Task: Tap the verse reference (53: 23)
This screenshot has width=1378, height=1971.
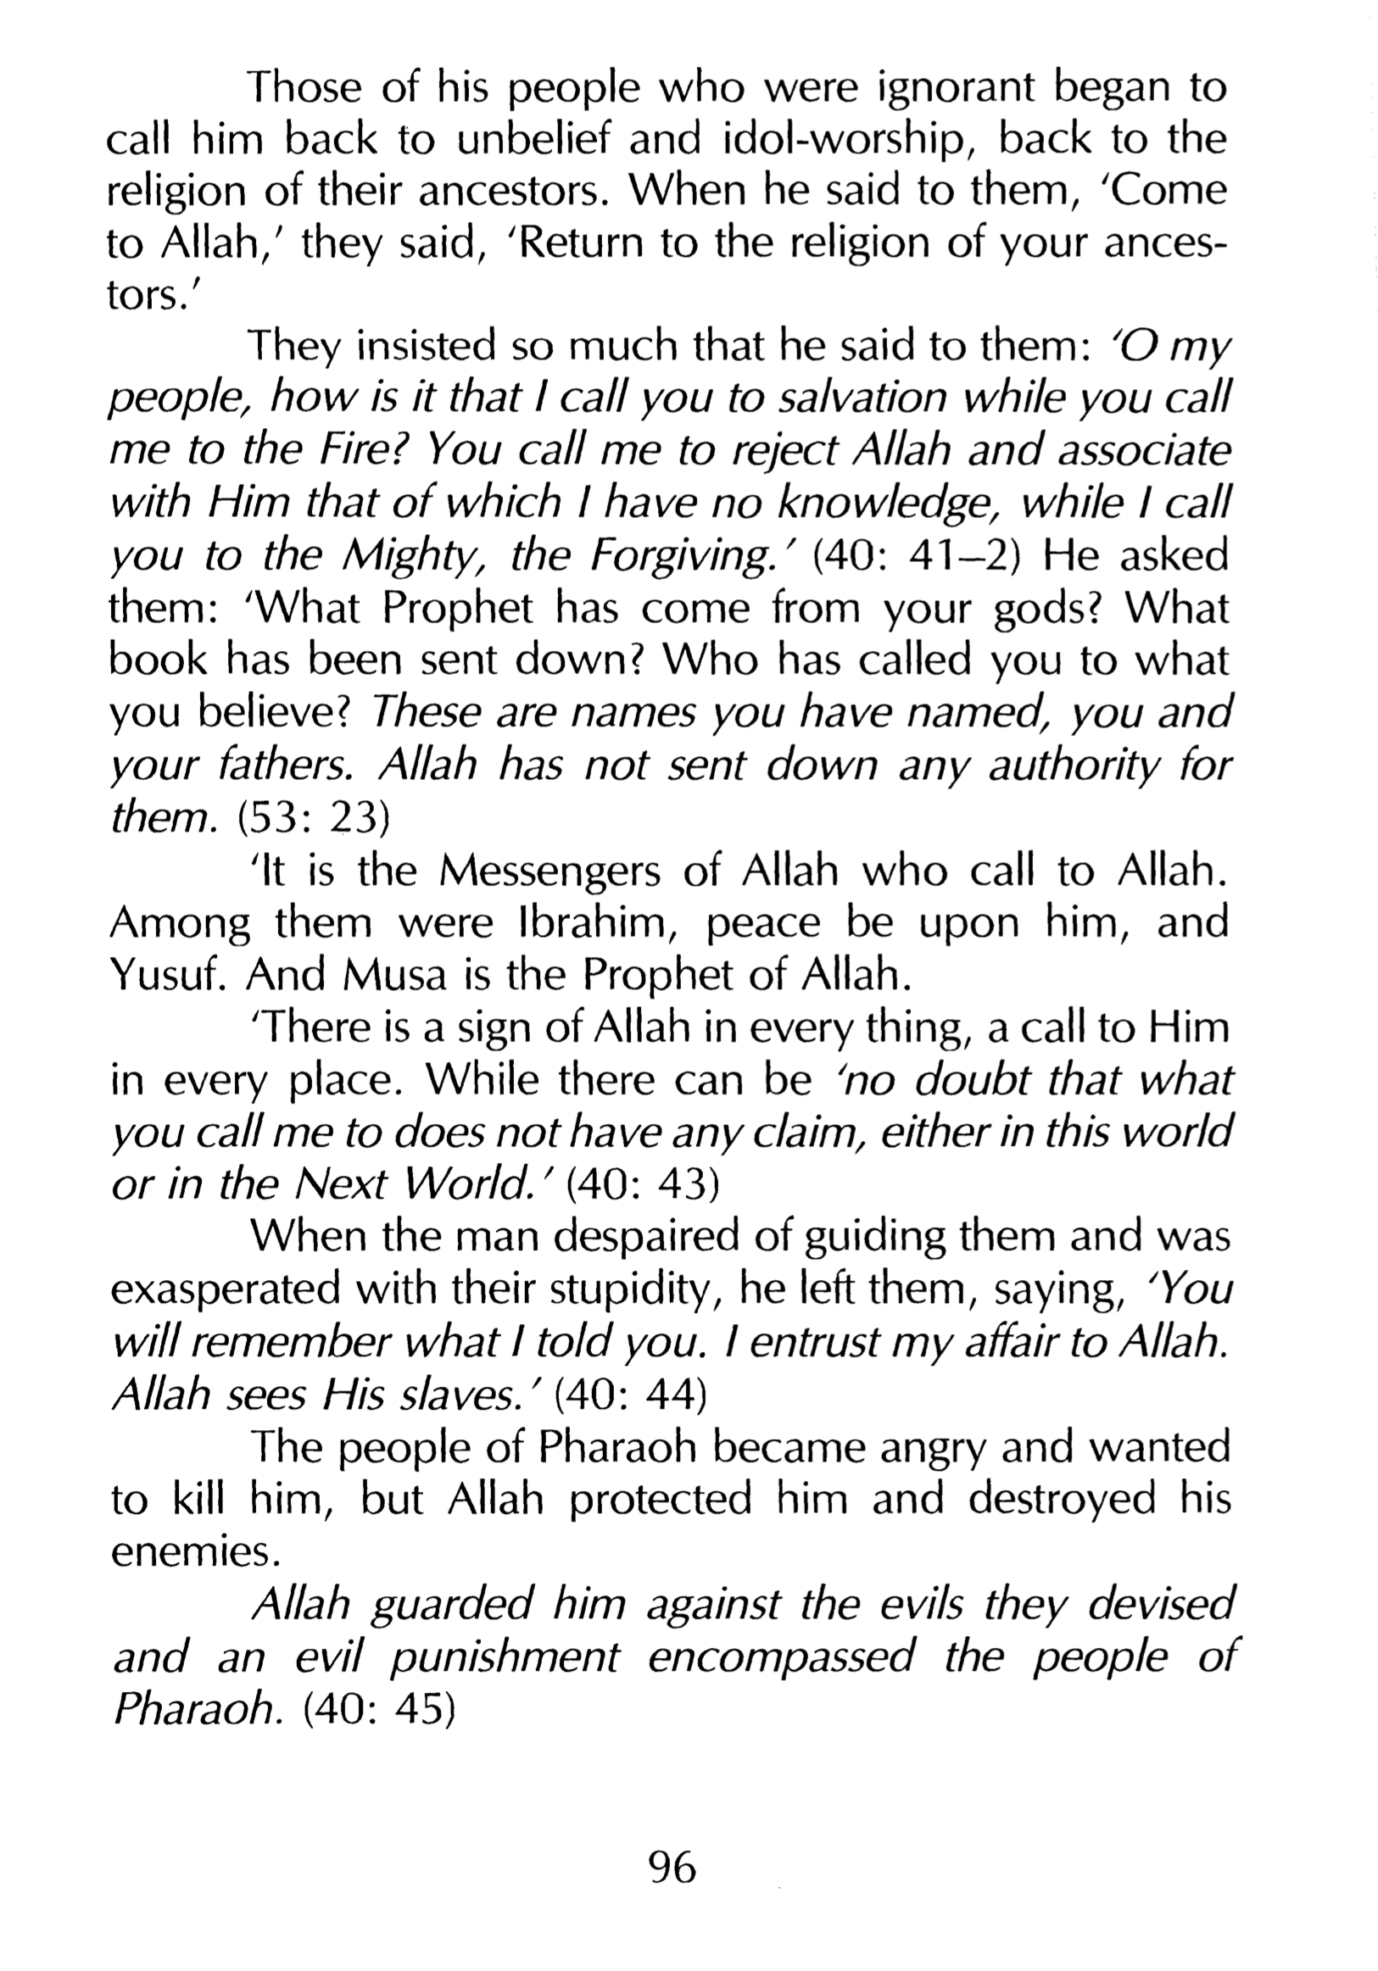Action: [x=313, y=818]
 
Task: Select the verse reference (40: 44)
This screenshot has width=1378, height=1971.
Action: [x=630, y=1396]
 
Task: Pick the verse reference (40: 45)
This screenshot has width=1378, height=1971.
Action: [x=377, y=1710]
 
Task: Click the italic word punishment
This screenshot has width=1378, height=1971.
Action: [x=503, y=1658]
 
